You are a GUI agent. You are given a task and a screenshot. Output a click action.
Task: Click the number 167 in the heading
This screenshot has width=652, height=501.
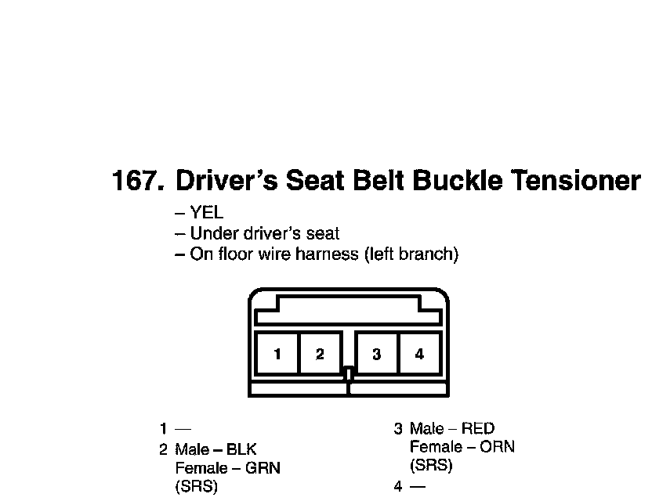click(138, 181)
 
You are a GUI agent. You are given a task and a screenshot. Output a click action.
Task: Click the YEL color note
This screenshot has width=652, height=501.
click(207, 213)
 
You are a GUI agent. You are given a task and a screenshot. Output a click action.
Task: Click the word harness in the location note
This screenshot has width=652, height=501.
click(332, 254)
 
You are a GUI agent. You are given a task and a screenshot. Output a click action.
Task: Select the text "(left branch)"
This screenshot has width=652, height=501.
click(411, 254)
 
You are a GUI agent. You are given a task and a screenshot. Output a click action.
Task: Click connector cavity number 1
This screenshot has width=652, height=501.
click(277, 354)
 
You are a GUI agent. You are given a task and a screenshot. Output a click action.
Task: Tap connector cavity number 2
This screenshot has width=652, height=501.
click(320, 354)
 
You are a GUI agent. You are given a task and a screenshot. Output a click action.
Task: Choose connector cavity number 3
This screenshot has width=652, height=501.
click(377, 354)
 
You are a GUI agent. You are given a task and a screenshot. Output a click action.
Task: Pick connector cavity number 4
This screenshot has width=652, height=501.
click(419, 354)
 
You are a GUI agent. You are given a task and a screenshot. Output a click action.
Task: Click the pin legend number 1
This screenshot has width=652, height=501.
click(163, 428)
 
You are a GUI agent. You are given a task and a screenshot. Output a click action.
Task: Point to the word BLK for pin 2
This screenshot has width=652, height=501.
click(241, 449)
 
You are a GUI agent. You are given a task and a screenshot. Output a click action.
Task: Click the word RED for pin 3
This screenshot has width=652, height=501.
click(478, 428)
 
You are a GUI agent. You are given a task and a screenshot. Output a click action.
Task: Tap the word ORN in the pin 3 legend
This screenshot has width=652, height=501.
click(498, 447)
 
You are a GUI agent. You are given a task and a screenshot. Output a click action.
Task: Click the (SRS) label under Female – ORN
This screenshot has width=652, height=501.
click(431, 466)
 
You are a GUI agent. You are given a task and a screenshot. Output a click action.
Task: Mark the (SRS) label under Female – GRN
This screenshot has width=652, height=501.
click(196, 486)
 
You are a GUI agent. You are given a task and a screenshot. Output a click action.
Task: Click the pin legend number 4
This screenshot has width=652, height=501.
click(398, 486)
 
